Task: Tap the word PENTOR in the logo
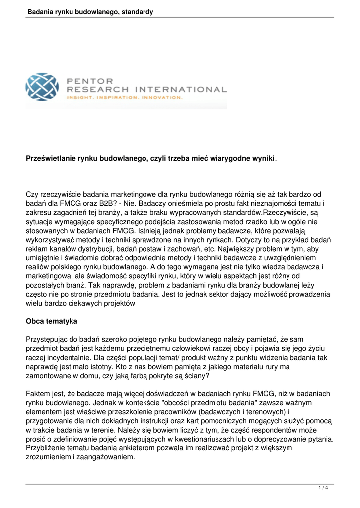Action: (89, 80)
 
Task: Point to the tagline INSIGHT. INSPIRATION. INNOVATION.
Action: (125, 97)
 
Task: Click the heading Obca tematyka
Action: (51, 321)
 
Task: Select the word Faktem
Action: (38, 394)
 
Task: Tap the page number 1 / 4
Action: (323, 488)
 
